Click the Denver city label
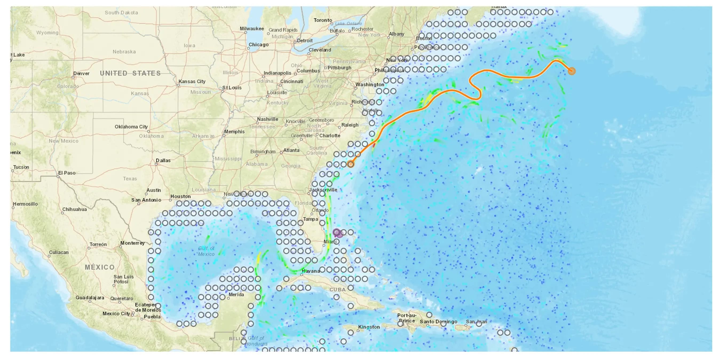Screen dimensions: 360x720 click(81, 73)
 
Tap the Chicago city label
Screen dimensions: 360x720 click(259, 45)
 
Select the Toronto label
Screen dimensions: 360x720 click(323, 20)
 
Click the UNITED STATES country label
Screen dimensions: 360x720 click(130, 73)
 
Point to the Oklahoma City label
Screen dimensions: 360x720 click(131, 126)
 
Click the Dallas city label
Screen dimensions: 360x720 click(163, 160)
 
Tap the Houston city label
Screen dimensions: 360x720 click(180, 196)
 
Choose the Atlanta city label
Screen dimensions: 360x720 click(291, 150)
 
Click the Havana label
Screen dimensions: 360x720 click(311, 271)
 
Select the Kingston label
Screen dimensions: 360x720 click(369, 327)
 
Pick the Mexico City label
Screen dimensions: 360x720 click(116, 314)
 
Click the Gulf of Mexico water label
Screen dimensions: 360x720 click(206, 251)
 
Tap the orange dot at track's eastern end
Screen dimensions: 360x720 click(572, 71)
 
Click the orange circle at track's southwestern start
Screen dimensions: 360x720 click(350, 164)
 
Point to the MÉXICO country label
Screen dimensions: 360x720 click(100, 267)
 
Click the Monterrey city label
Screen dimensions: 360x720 click(132, 243)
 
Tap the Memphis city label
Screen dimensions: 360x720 click(234, 132)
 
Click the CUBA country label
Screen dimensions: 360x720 click(338, 290)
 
